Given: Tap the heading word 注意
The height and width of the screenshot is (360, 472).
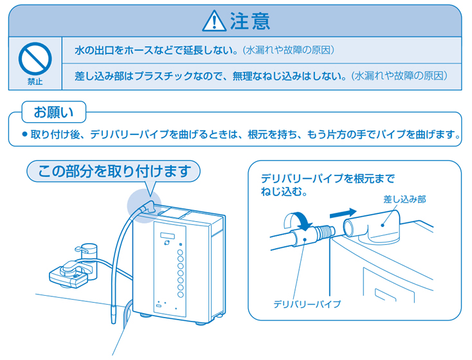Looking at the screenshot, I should (251, 21).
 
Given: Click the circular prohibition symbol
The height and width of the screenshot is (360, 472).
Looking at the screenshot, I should (34, 59).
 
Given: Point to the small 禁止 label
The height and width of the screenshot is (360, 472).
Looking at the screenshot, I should (35, 82).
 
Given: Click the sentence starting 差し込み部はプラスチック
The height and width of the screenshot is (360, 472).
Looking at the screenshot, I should (260, 76).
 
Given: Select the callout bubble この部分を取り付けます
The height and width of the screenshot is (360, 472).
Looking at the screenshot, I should (114, 172).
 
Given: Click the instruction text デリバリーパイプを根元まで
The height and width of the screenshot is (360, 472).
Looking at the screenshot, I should (327, 178).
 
